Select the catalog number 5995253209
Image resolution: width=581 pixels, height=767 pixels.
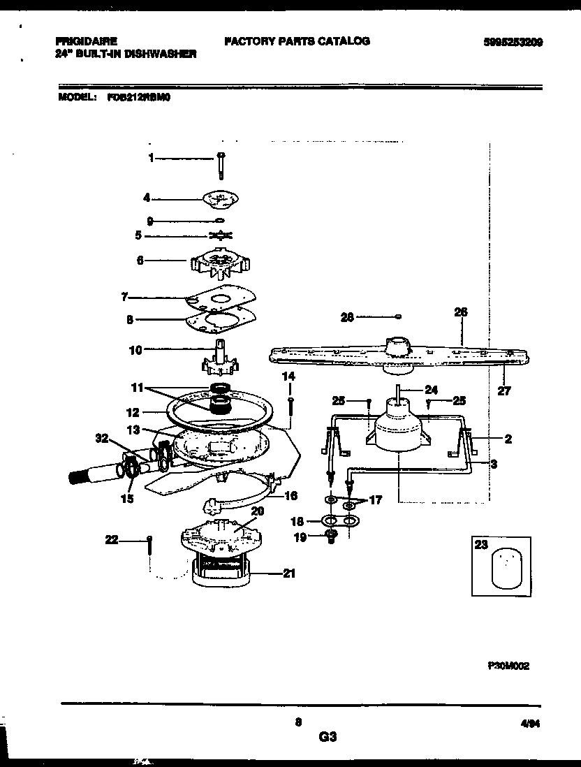tap(512, 42)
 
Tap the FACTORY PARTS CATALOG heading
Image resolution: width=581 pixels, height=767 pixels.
tap(297, 41)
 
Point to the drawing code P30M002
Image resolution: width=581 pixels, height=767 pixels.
tap(508, 666)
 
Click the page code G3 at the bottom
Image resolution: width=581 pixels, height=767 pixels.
tap(328, 736)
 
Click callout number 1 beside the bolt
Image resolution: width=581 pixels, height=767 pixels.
tap(150, 159)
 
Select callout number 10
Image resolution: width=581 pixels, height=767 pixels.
tap(136, 349)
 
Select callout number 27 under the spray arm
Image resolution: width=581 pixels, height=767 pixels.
tap(504, 391)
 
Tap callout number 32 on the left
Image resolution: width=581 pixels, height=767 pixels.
tap(102, 439)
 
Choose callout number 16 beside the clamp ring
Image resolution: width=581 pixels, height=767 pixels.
tap(291, 496)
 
